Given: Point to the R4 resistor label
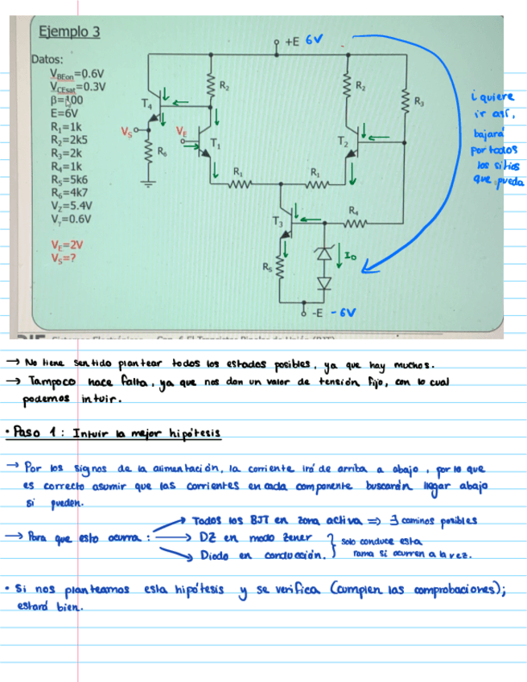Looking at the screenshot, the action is pos(352,210).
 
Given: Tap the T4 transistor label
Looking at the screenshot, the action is pos(145,104).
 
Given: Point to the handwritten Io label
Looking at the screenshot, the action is pos(349,255).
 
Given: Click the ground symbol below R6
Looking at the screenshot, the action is pos(148,183).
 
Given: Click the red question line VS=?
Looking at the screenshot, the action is pos(63,258).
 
